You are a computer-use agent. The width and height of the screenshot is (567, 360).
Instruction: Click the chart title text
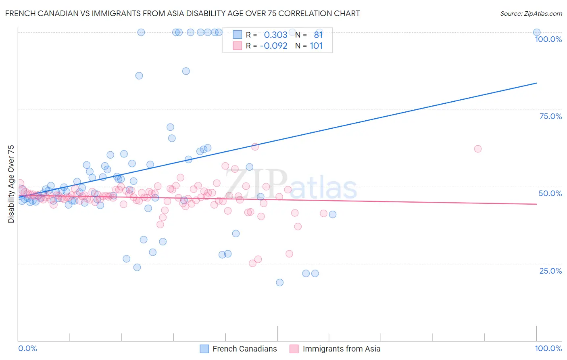[x=182, y=13]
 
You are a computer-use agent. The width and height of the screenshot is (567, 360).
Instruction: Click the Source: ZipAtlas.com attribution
[x=531, y=13]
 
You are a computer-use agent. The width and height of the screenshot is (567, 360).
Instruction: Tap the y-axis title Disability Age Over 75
[x=11, y=184]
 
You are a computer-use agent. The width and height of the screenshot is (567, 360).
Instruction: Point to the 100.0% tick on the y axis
[x=548, y=39]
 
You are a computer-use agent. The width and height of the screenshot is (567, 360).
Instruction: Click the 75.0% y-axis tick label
[x=550, y=116]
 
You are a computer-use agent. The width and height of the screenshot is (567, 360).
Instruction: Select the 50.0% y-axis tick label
[x=550, y=193]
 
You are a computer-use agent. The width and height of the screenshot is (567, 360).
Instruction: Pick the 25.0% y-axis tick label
[x=550, y=270]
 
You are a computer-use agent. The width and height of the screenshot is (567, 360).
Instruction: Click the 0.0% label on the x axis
[x=27, y=348]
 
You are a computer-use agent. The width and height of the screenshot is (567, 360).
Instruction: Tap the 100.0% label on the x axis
[x=548, y=348]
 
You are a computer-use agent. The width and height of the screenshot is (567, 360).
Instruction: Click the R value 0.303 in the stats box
[x=275, y=35]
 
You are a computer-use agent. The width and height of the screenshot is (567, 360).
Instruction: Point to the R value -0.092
[x=273, y=46]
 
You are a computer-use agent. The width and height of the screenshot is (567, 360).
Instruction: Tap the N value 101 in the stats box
[x=316, y=46]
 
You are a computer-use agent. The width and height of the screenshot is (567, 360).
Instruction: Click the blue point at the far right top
[x=537, y=32]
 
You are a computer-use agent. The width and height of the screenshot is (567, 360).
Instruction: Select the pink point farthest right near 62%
[x=478, y=149]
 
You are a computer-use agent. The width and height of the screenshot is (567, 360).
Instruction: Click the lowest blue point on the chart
[x=279, y=283]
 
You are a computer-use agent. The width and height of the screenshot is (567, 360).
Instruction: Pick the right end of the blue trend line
[x=536, y=83]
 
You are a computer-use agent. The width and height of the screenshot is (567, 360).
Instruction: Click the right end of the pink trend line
[x=536, y=204]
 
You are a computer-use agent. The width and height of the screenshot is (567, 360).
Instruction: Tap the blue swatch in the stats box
[x=238, y=35]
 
